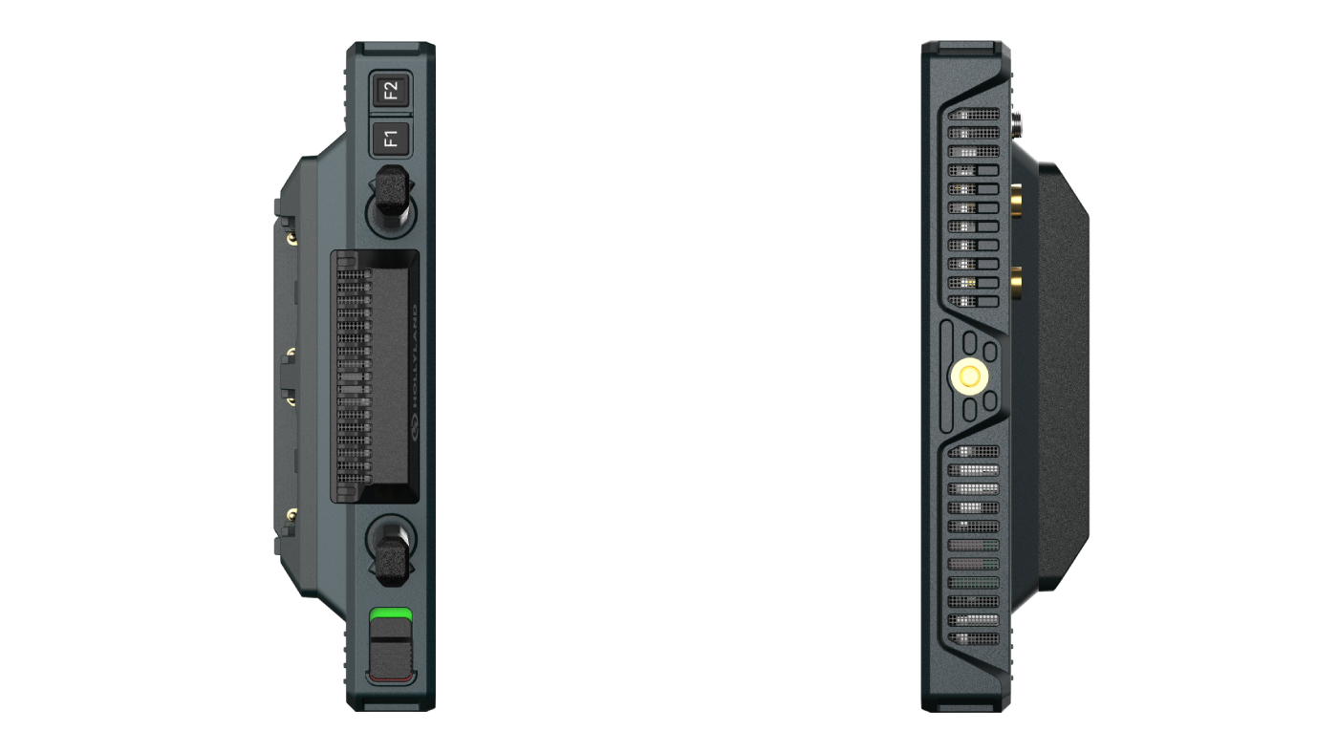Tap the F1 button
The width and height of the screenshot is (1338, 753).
click(x=391, y=140)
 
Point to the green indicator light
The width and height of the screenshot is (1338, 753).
click(x=391, y=614)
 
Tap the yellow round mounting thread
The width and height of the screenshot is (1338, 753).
click(x=969, y=376)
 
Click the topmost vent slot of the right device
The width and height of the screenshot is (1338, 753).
click(x=974, y=114)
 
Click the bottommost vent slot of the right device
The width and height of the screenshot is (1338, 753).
click(x=974, y=638)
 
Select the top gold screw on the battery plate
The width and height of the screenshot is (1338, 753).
click(x=291, y=232)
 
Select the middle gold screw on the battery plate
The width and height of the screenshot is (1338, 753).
click(x=291, y=352)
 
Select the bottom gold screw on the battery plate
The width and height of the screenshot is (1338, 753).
click(x=291, y=516)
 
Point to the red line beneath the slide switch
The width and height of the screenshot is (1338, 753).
click(x=391, y=678)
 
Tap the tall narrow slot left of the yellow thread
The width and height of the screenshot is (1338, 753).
click(x=943, y=376)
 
